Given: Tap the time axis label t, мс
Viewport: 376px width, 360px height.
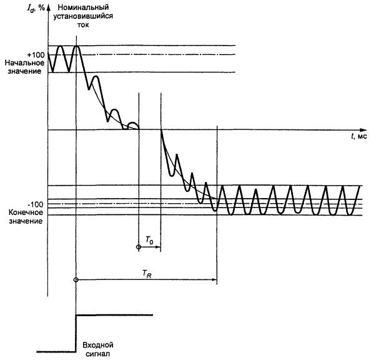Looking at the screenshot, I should (x=359, y=136).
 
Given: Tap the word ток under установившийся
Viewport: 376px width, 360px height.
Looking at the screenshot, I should (x=84, y=27).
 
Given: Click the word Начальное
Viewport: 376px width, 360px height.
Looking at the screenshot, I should (x=24, y=64).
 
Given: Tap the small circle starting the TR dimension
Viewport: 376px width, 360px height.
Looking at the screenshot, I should (x=76, y=279).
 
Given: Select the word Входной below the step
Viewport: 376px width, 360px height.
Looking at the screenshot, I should (x=98, y=345).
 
